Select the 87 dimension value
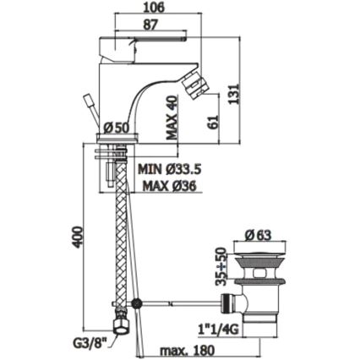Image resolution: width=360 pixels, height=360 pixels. coord(150,25)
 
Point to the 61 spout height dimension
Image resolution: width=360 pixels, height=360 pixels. coord(214,122)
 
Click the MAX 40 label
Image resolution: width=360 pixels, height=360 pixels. coord(172,117)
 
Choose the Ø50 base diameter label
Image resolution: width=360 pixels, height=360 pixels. coord(116,128)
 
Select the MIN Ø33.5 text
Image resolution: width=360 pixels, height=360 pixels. coord(169,169)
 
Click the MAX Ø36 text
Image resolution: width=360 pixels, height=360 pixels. coord(169,186)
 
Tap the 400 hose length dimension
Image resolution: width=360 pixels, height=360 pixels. coord(78,237)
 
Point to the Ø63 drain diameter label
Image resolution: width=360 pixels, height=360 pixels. coord(258,235)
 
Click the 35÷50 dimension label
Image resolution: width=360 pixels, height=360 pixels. coord(221,266)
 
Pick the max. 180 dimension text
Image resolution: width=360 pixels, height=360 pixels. coord(188,351)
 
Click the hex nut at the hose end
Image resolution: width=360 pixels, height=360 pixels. coord(122,326)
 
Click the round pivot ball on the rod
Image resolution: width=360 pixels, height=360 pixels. coord(137,303)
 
